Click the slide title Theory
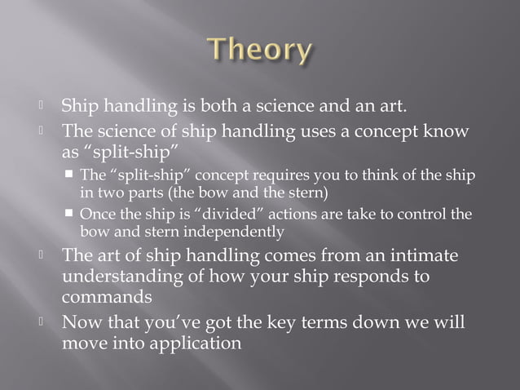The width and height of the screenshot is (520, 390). [x=259, y=51]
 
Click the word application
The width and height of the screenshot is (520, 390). [x=192, y=342]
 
